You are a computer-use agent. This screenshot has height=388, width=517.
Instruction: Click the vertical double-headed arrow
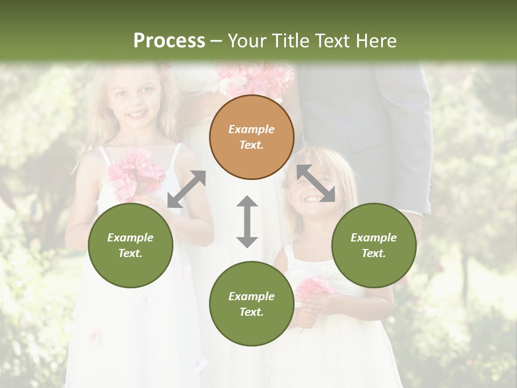[x=247, y=221]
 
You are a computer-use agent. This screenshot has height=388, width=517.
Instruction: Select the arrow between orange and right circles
[x=316, y=183]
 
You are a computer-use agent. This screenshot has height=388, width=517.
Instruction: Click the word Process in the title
[x=169, y=40]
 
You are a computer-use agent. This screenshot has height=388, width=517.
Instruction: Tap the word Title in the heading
[x=291, y=40]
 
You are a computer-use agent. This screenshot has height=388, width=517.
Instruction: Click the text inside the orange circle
[x=251, y=137]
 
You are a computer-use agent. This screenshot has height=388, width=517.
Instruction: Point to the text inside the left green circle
[x=130, y=245]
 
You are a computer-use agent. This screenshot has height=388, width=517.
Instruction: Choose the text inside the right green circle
[x=374, y=245]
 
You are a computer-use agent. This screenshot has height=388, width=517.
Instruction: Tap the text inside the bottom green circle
[x=251, y=304]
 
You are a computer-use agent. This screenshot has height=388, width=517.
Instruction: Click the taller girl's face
[x=135, y=102]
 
